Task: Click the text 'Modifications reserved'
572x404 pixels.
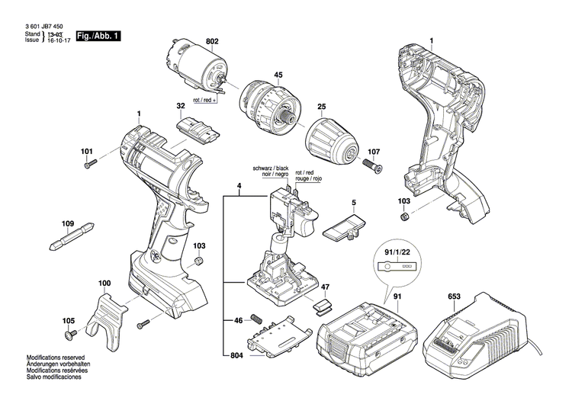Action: point(55,358)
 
